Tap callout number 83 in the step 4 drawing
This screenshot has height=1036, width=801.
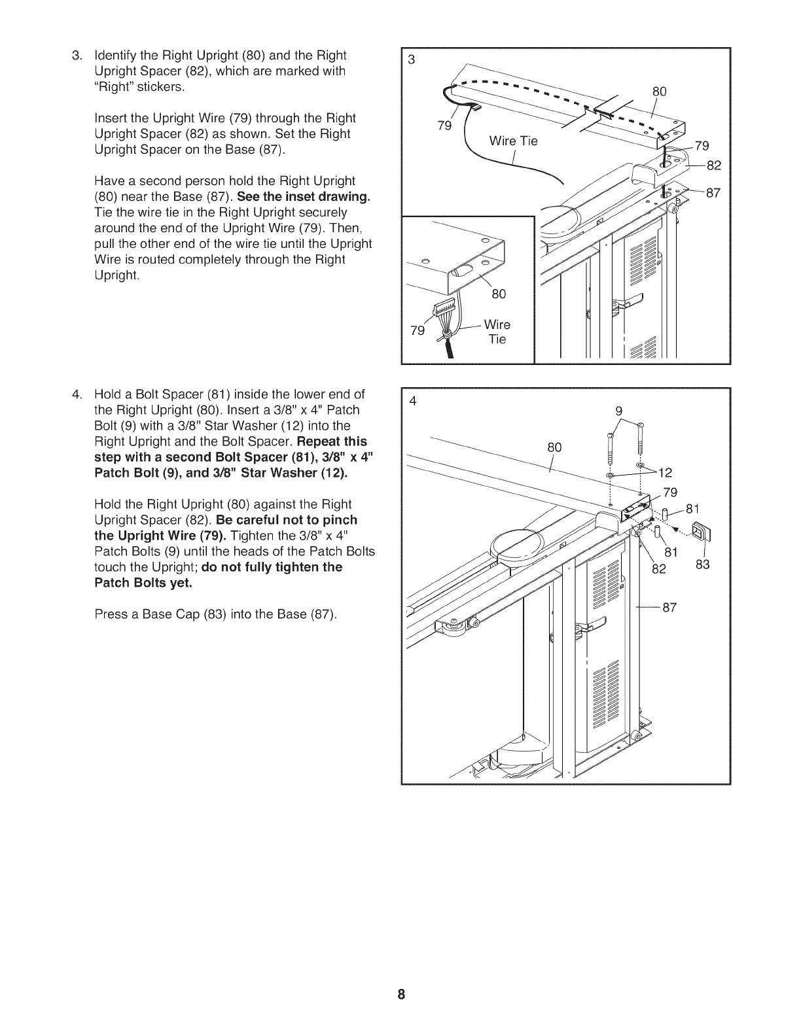(702, 564)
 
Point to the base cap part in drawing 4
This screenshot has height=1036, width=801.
(700, 533)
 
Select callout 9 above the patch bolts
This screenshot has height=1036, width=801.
(618, 411)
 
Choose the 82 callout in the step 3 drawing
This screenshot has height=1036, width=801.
(713, 165)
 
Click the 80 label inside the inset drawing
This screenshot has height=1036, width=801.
(499, 294)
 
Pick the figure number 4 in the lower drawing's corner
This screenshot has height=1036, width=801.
(412, 401)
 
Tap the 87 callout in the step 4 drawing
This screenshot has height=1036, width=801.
(669, 608)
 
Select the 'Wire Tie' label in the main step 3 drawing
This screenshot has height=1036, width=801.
(514, 141)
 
